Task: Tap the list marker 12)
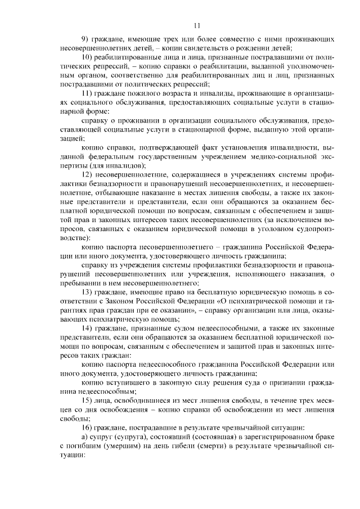click(87, 175)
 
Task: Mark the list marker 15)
click(87, 400)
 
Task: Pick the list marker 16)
click(87, 427)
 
